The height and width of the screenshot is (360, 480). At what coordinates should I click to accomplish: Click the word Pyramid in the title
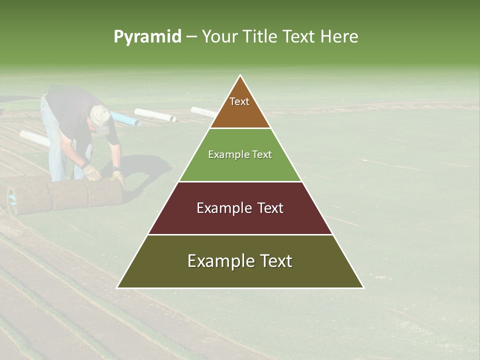tap(147, 37)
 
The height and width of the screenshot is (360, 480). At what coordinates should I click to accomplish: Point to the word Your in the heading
tap(218, 37)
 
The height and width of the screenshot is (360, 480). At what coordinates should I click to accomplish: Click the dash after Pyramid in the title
tap(191, 37)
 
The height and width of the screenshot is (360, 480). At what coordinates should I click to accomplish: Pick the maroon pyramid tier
tap(240, 220)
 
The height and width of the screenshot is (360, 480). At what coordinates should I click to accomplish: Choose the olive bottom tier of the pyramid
tap(240, 275)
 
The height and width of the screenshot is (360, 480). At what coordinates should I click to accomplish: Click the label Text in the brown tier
tap(239, 101)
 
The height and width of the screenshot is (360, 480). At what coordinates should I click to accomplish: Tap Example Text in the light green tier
tap(240, 154)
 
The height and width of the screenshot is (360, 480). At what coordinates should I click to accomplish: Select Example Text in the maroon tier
tap(240, 208)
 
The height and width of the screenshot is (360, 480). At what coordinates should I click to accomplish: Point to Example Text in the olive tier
tap(240, 261)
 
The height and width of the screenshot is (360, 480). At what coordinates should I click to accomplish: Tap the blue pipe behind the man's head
tap(125, 119)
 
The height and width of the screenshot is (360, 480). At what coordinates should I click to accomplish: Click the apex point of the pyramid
tap(240, 76)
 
